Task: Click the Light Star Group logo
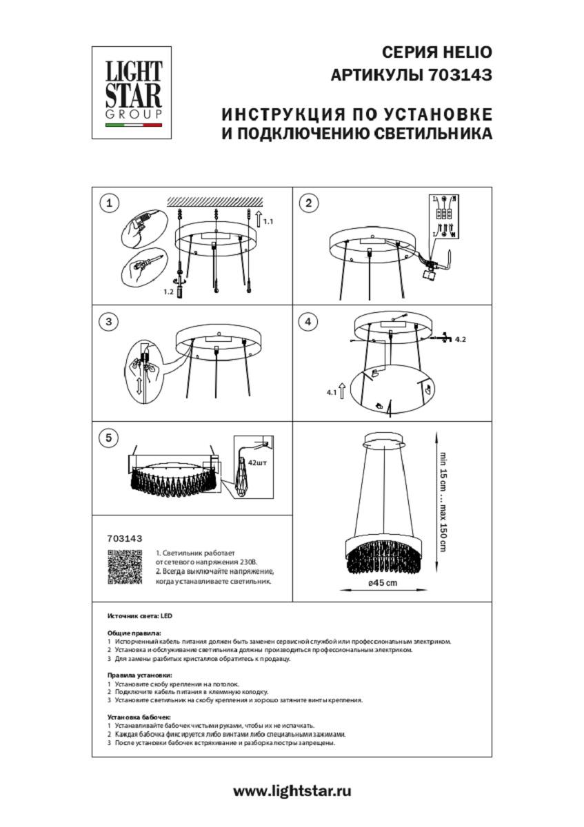pos(132,92)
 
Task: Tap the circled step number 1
pos(109,203)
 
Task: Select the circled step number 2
pos(308,203)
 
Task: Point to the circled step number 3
pos(109,321)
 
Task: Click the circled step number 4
pos(308,321)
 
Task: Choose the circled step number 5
pos(109,438)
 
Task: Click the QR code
pos(125,567)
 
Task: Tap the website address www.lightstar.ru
pos(292,791)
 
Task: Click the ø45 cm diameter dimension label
pos(382,583)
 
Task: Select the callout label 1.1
pos(269,222)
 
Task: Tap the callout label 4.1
pos(331,393)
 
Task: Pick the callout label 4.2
pos(462,340)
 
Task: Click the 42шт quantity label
pos(256,464)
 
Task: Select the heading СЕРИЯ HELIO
pos(436,53)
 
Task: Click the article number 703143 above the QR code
pos(125,539)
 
